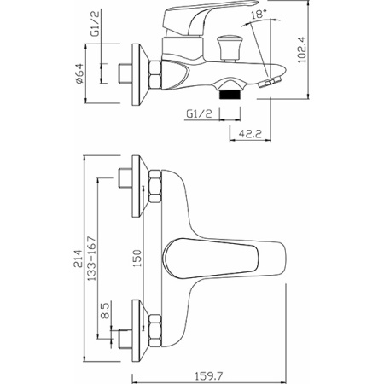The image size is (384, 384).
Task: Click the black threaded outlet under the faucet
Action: [x=230, y=95]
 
